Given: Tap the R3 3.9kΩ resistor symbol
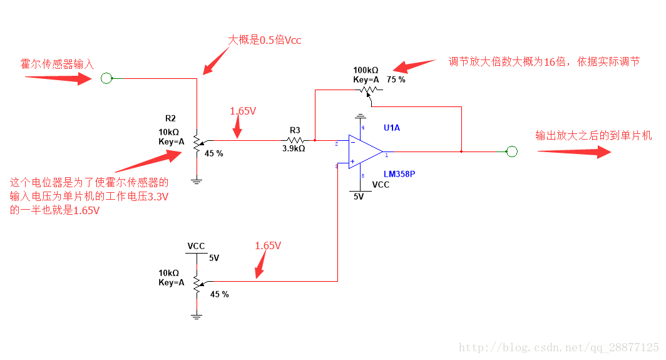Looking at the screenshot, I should tap(295, 140).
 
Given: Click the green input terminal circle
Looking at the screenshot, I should tap(106, 78).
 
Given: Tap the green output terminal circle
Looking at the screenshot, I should tap(512, 151).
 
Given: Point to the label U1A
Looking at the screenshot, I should tap(392, 128).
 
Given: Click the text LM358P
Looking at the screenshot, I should tap(398, 173).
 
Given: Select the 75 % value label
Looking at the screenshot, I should tap(396, 80).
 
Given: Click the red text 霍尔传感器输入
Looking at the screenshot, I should tap(57, 64).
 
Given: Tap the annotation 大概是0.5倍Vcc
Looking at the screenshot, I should tap(264, 39).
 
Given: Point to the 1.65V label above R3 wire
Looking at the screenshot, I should tap(242, 111).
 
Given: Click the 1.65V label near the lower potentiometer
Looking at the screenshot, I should tap(268, 246).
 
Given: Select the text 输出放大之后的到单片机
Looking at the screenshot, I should tap(593, 135).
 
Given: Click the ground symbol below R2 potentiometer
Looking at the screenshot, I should tap(197, 181).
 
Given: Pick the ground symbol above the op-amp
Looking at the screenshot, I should tap(360, 116).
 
